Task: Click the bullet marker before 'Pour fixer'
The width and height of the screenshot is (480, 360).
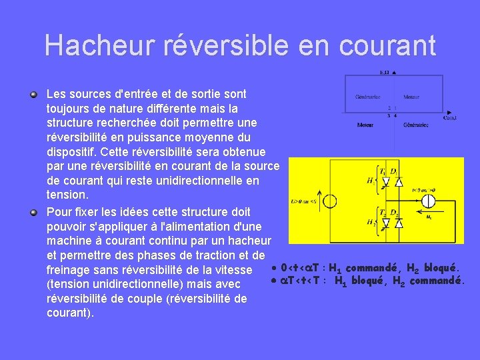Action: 33,212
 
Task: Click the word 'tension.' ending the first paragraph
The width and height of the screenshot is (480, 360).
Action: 67,195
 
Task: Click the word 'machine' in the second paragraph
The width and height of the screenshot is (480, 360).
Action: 69,241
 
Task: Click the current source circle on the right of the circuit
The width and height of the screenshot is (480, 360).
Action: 429,199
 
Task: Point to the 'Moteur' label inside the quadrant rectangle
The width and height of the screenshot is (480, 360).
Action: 411,97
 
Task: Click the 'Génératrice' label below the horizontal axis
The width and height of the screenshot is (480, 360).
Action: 416,125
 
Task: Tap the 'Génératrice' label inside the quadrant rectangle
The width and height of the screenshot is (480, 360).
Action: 367,97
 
